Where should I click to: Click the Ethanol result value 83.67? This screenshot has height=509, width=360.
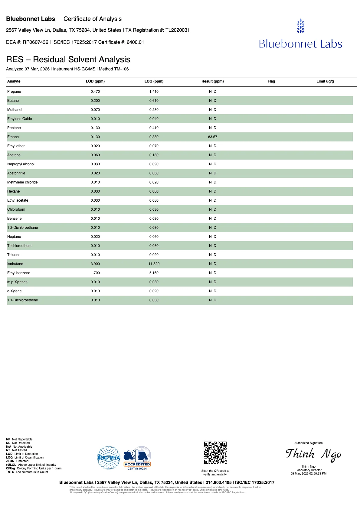[x=212, y=137]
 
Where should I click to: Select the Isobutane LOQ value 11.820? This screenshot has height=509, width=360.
[x=154, y=264]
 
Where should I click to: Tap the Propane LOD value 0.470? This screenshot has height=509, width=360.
[x=95, y=92]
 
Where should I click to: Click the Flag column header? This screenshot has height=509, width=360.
[x=271, y=81]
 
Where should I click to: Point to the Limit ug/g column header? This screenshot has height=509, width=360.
[x=325, y=81]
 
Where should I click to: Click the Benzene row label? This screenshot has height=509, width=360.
[x=15, y=219]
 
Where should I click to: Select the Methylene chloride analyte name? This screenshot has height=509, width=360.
[x=22, y=182]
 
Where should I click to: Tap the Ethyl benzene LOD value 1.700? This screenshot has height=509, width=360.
[x=95, y=273]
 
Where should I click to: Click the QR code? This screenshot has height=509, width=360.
[x=215, y=452]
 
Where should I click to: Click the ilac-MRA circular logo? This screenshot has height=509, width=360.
[x=109, y=458]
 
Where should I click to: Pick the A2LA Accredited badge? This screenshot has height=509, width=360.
[x=137, y=458]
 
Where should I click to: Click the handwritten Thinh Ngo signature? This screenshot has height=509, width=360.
[x=313, y=454]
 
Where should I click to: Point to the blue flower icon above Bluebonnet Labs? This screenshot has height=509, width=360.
[x=300, y=26]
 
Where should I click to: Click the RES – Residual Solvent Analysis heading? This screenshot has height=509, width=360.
[x=68, y=60]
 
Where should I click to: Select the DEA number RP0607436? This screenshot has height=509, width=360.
[x=35, y=42]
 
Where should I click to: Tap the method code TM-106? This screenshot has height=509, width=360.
[x=121, y=69]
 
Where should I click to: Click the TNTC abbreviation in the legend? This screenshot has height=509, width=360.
[x=10, y=472]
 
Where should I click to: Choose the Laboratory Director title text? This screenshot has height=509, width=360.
[x=308, y=470]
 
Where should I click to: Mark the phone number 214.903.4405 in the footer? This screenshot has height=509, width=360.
[x=218, y=483]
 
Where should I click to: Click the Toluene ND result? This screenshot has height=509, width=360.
[x=212, y=255]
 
